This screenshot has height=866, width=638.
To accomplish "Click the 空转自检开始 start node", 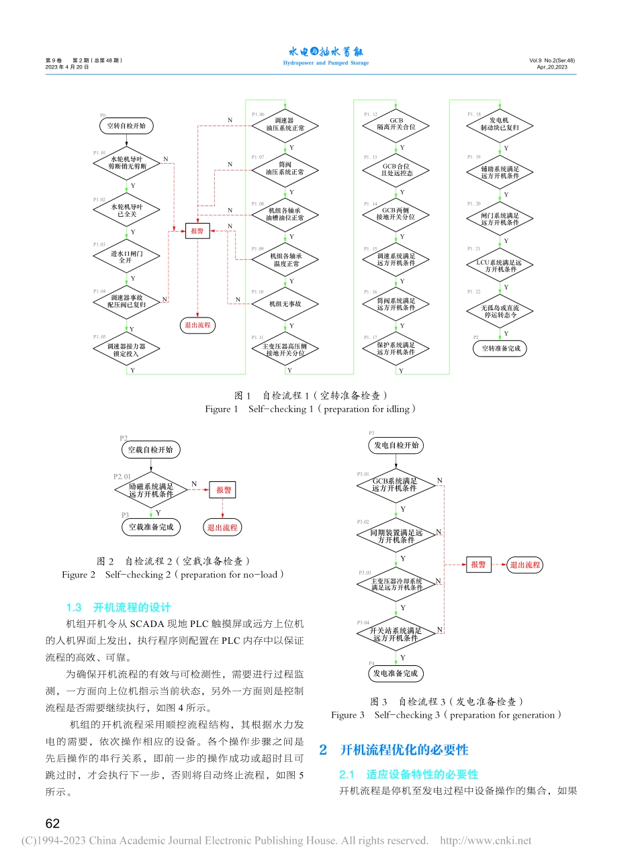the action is [126, 126].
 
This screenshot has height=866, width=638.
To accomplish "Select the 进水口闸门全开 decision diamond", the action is [126, 256].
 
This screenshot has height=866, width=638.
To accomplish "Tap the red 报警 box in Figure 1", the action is [197, 231].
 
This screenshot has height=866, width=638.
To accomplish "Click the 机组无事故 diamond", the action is [285, 304].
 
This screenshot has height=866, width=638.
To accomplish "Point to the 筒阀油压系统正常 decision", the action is [285, 168].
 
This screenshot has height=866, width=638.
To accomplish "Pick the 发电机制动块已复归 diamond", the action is [500, 124].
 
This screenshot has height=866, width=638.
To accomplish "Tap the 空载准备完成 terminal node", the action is [151, 527].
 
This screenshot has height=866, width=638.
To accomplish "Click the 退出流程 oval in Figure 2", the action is [222, 528].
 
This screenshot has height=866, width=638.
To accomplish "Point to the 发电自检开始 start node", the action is [396, 445].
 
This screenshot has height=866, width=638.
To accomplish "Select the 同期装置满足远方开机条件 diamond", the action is [396, 536].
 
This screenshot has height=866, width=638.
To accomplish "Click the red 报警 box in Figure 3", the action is [478, 565].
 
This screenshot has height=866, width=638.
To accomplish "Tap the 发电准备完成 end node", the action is [396, 673].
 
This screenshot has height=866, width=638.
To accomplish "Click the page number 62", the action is [52, 824].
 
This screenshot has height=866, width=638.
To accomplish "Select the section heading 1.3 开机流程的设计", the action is [118, 608].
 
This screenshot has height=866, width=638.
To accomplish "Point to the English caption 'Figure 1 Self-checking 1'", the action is [310, 409].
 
